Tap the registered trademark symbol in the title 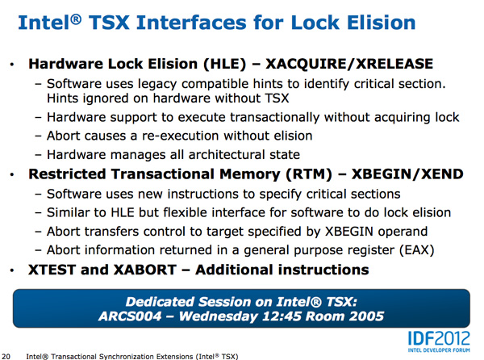point(76,19)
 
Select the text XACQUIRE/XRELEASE point(349,64)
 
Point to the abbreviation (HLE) point(225,64)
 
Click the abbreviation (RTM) point(309,174)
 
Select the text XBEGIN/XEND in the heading point(407,174)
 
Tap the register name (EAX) point(417,250)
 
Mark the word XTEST point(52,270)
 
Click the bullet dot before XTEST point(12,270)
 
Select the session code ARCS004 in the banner point(130,316)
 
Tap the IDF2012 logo point(439,341)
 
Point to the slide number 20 point(6,357)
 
